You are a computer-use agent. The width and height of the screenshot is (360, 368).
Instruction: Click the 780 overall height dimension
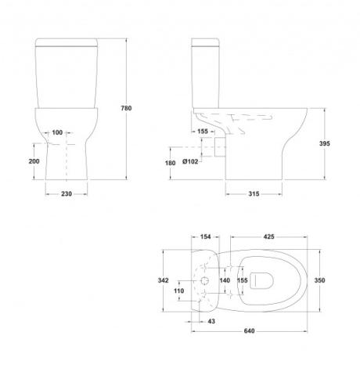pyautogui.click(x=126, y=108)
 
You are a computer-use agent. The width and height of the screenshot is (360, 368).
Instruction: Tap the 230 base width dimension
pyautogui.click(x=67, y=194)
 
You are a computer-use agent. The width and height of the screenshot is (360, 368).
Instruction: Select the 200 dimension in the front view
pyautogui.click(x=34, y=161)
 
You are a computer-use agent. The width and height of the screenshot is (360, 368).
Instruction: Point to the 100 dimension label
pyautogui.click(x=57, y=132)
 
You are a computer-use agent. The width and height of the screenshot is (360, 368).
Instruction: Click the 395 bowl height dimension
pyautogui.click(x=325, y=143)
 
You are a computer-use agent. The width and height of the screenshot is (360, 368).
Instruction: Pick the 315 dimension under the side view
pyautogui.click(x=254, y=194)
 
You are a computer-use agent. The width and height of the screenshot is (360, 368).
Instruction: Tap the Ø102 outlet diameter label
pyautogui.click(x=190, y=161)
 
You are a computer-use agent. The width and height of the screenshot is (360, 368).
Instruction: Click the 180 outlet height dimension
pyautogui.click(x=170, y=163)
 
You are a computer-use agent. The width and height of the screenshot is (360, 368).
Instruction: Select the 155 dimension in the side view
pyautogui.click(x=203, y=132)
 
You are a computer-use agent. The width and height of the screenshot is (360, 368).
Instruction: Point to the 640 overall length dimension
pyautogui.click(x=249, y=331)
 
